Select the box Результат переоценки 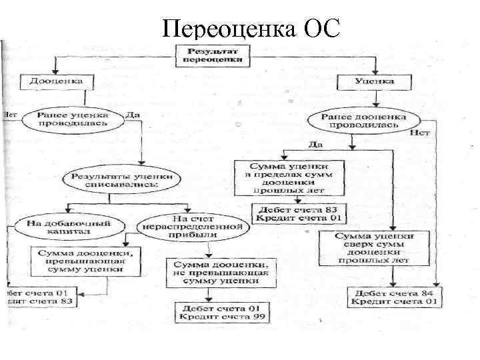(213, 55)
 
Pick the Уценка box (375, 81)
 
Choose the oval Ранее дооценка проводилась (363, 120)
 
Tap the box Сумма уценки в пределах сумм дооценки (289, 177)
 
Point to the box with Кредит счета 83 (41, 297)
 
